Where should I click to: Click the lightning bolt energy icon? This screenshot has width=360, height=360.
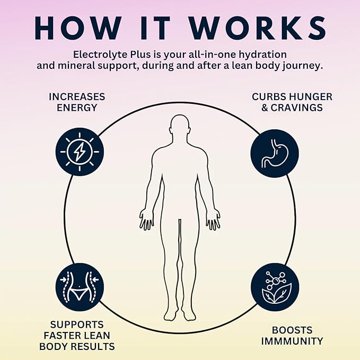80,152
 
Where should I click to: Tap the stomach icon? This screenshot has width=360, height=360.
274,153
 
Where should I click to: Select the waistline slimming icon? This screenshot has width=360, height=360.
80,287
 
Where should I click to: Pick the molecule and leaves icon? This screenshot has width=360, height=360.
275,287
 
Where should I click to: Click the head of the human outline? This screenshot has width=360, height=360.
180,126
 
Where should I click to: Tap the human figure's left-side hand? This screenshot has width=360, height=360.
146,219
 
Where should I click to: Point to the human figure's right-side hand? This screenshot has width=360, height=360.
213,219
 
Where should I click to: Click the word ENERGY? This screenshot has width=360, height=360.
77,108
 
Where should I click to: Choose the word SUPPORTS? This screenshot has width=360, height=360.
77,324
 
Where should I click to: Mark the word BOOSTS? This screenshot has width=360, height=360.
292,330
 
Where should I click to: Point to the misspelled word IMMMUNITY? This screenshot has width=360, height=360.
292,341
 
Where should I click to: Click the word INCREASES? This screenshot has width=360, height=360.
77,96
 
